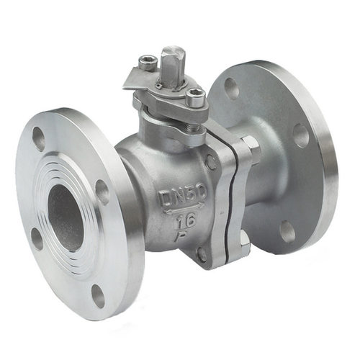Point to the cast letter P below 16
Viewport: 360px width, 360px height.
181,235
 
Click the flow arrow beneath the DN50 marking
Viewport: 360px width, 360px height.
185,208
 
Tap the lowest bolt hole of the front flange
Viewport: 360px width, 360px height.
98,296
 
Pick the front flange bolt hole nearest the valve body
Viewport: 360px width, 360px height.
102,193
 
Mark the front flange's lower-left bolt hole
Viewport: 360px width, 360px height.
37,239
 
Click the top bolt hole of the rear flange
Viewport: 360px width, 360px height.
232,88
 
